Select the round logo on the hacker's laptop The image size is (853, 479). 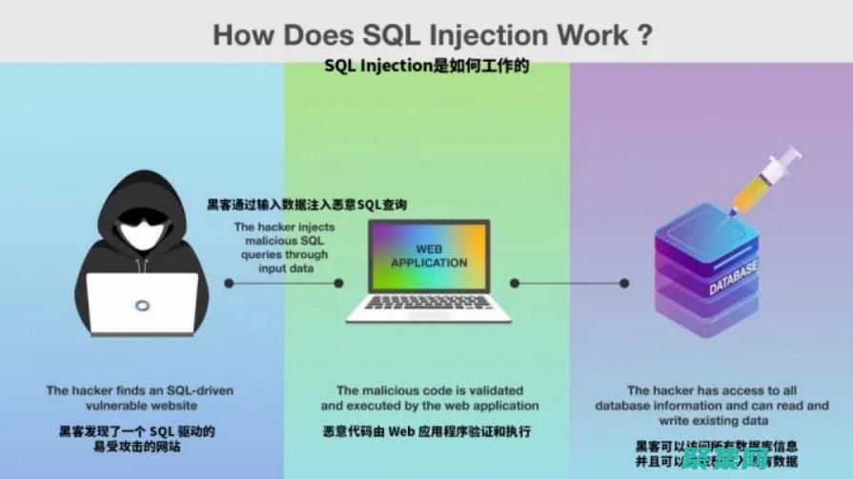point(142,305)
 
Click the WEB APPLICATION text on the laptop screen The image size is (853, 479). point(428,256)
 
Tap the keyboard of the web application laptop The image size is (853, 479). point(429,309)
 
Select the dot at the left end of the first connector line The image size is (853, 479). point(229,283)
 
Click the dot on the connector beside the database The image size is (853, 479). point(624,283)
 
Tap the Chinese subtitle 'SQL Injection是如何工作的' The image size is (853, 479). point(426,68)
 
